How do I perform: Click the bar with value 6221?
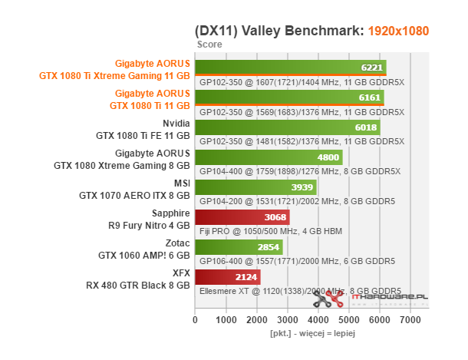tap(290, 67)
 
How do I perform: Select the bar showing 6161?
tap(289, 97)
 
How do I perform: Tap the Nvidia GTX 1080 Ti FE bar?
tap(288, 127)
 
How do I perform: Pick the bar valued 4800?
tap(269, 157)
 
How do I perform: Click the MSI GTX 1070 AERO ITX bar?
tap(255, 187)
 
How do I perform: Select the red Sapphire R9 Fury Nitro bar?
tap(242, 216)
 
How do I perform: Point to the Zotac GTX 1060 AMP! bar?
tap(239, 246)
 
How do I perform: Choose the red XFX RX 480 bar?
tap(228, 276)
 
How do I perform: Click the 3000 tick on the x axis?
tap(288, 319)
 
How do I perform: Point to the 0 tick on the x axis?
tap(196, 319)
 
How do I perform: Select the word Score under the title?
tap(209, 45)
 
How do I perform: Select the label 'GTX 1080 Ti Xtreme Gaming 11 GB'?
tap(114, 76)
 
